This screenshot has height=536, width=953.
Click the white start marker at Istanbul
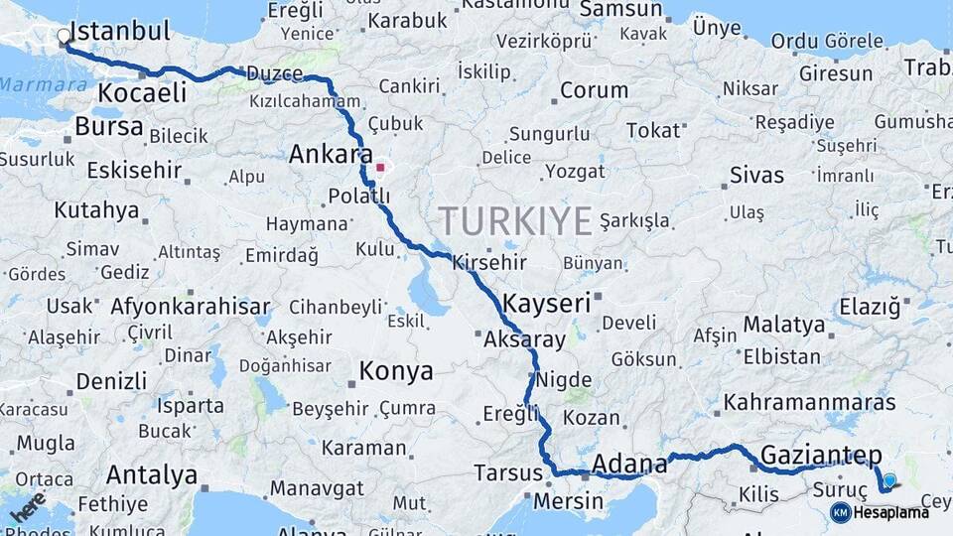click(x=65, y=37)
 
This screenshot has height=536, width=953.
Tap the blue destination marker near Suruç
click(x=888, y=480)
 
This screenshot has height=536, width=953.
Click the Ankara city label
click(x=323, y=155)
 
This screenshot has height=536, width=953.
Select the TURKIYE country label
click(x=515, y=219)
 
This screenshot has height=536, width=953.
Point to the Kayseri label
click(x=547, y=303)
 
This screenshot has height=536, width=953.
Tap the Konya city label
click(x=396, y=371)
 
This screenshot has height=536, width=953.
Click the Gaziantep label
click(x=820, y=456)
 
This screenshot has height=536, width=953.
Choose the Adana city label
click(x=629, y=464)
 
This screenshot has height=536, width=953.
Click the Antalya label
click(x=151, y=474)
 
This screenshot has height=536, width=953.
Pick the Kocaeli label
click(x=143, y=93)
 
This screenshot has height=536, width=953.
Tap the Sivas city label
click(x=756, y=176)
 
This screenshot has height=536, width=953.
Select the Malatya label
click(x=784, y=325)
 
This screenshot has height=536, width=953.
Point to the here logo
click(x=27, y=506)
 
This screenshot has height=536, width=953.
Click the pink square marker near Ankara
click(x=380, y=167)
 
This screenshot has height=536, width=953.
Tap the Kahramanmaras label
click(x=810, y=403)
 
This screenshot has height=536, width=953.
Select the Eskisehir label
click(x=134, y=170)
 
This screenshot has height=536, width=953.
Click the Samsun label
click(x=619, y=10)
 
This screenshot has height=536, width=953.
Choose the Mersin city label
click(x=568, y=501)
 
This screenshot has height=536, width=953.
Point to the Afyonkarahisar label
click(x=191, y=307)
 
